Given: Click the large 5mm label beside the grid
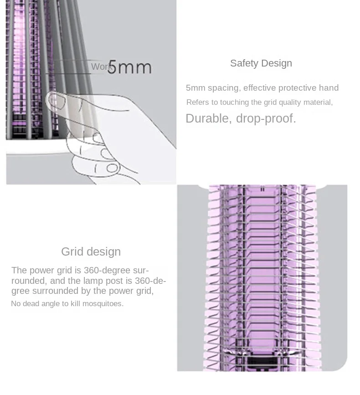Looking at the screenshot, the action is click(x=129, y=67).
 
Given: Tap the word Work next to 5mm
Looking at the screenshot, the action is click(x=101, y=67).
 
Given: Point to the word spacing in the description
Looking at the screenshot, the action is click(x=223, y=88).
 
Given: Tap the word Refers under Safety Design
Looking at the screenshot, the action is click(x=198, y=103).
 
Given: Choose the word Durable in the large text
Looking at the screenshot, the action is click(x=207, y=119).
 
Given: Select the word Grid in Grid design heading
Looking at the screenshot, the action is click(x=72, y=252).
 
